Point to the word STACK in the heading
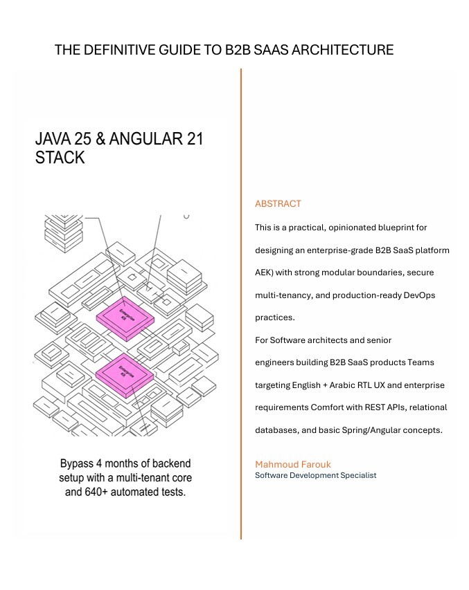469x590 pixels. (60, 158)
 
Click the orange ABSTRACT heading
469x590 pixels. (278, 204)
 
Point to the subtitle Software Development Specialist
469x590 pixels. (315, 475)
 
